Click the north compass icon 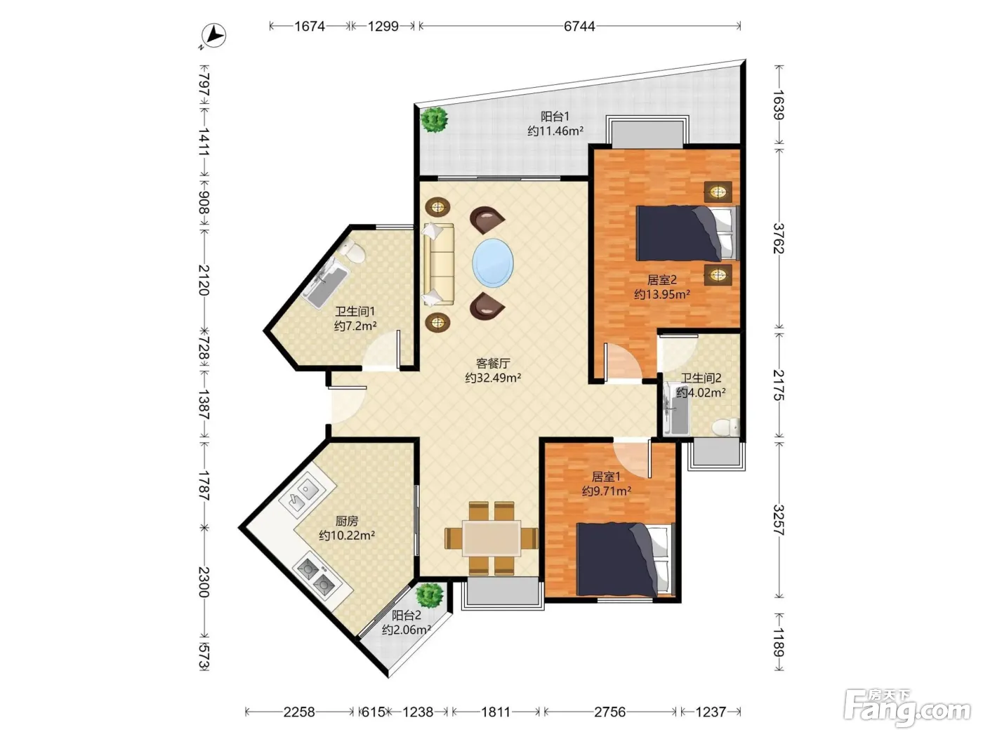(213, 35)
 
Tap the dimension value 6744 (579, 27)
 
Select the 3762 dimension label (779, 238)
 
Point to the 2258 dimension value (298, 712)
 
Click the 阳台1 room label (555, 117)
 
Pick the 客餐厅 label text (493, 363)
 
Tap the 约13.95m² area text (661, 294)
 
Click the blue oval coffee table (493, 263)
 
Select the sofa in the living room (438, 265)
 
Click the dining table (491, 538)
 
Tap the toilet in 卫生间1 (353, 251)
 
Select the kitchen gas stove (317, 578)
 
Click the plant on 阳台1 (433, 119)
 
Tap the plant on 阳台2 (430, 596)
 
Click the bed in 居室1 (625, 559)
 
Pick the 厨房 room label (347, 521)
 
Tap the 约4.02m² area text (701, 392)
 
